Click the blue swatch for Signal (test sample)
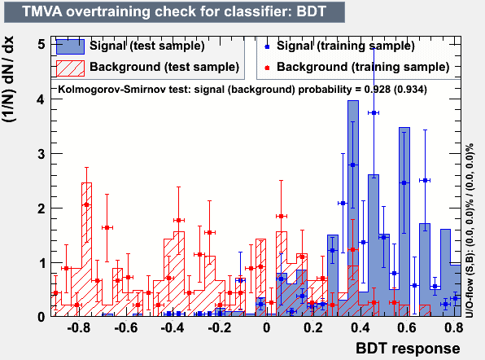70,46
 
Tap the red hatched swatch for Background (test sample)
70,68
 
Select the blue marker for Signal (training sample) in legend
267,46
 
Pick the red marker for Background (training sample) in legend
267,68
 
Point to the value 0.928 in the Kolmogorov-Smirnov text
377,90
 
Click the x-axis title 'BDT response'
408,349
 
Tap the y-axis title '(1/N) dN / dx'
8,79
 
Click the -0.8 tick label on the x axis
79,327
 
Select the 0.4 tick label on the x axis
360,327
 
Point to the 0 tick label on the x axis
266,327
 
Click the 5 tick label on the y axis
42,45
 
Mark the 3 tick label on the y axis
42,154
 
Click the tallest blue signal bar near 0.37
353,208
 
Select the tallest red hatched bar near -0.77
86,249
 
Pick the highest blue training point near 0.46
374,113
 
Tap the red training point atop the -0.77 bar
86,204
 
